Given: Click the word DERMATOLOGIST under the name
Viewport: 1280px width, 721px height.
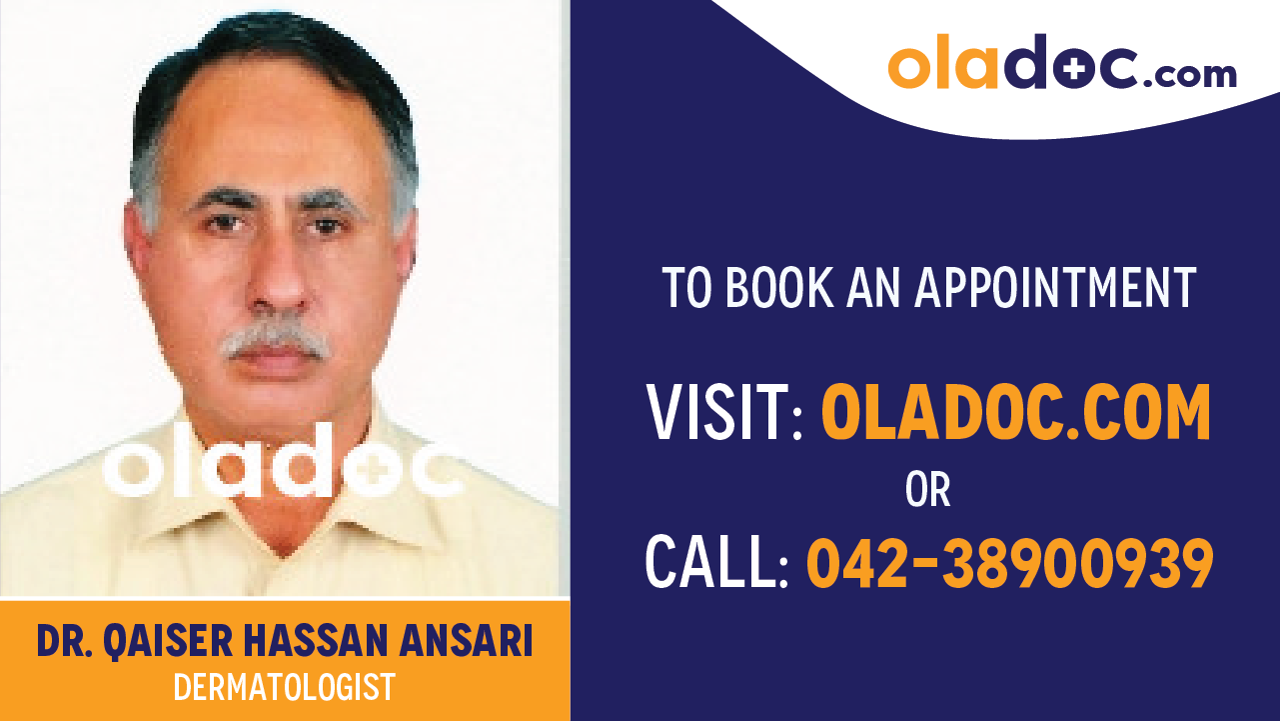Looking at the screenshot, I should tap(285, 687).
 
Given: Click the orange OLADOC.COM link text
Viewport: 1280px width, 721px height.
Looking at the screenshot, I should tap(1015, 414).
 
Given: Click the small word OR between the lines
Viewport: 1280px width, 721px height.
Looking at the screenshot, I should tap(927, 490).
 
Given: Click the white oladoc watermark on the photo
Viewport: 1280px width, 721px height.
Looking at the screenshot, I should tap(285, 463).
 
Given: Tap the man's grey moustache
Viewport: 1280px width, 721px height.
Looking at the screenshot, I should tap(277, 340).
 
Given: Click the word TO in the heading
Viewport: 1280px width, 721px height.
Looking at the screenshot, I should tap(686, 288).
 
